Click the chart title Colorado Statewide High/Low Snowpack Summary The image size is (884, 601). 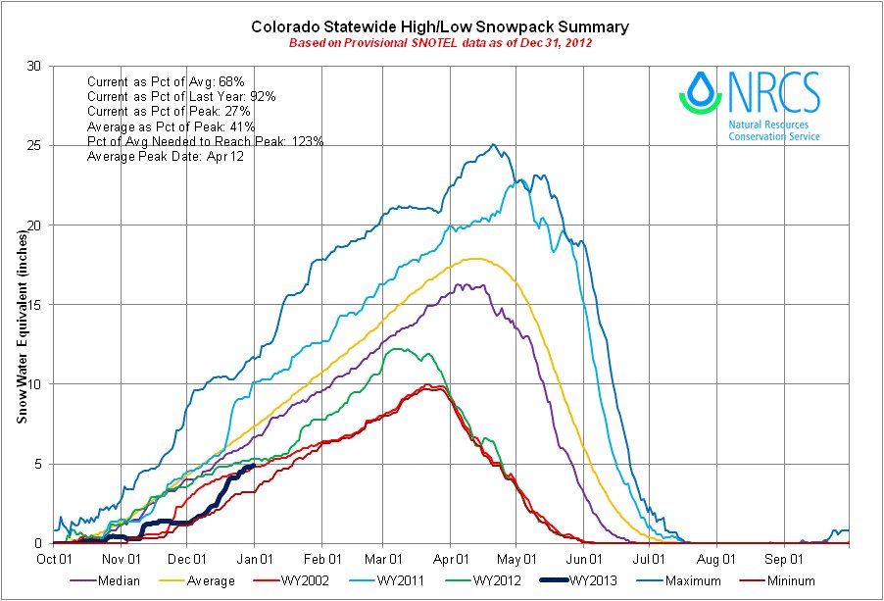pos(440,26)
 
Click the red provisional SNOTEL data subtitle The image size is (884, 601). pos(440,43)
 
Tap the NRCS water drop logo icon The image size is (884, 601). pos(700,91)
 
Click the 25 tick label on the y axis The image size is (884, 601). pos(35,146)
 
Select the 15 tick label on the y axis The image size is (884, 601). pos(35,305)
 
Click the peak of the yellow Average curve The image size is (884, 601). pos(476,259)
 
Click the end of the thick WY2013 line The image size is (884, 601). pos(254,466)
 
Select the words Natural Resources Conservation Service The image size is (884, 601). pos(774,131)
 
